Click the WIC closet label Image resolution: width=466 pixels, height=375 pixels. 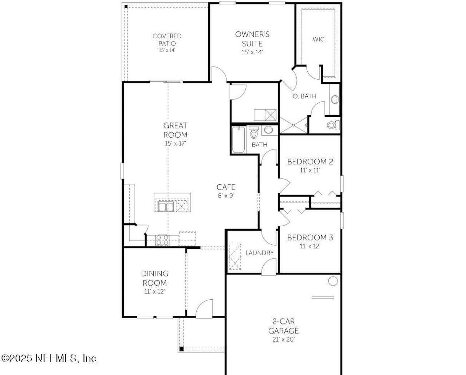click(x=318, y=39)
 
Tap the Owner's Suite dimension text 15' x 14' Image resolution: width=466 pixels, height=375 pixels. click(x=252, y=52)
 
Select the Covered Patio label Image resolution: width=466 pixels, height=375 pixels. click(x=167, y=39)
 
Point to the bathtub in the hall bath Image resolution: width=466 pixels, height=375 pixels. click(x=239, y=140)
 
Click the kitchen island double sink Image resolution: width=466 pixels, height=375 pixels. click(x=166, y=207)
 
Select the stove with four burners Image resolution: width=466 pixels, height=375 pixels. click(x=162, y=240)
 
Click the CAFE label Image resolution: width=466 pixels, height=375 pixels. click(x=226, y=187)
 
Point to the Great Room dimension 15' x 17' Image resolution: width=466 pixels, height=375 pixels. click(x=175, y=143)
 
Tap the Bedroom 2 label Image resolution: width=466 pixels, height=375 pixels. click(x=310, y=162)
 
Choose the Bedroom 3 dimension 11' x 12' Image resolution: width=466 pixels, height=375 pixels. click(x=310, y=246)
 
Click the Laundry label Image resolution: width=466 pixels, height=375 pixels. click(x=259, y=253)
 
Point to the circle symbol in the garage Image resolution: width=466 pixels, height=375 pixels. click(x=333, y=281)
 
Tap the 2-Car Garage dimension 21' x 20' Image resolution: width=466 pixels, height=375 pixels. click(x=283, y=339)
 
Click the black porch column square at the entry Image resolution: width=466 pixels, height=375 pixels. click(x=181, y=349)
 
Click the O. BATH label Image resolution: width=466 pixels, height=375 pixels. click(x=304, y=96)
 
